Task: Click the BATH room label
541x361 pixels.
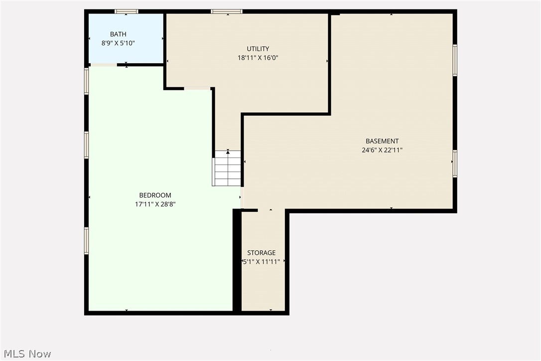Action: [x=118, y=34]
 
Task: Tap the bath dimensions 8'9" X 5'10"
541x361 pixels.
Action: [x=118, y=43]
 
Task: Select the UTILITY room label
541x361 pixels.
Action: [x=258, y=49]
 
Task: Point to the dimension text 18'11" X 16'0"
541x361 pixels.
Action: [x=258, y=58]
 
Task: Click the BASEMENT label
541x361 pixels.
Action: [x=382, y=141]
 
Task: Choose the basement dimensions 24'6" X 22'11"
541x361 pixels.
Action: [x=382, y=150]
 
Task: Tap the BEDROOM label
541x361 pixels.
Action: [x=155, y=195]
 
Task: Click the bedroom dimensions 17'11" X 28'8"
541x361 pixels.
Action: [x=155, y=204]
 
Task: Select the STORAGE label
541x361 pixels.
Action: [x=262, y=253]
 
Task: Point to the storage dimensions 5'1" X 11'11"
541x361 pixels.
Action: [x=262, y=262]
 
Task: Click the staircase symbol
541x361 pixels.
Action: [x=227, y=169]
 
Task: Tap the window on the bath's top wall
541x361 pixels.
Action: [x=127, y=11]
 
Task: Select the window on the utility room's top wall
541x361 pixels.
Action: [x=227, y=11]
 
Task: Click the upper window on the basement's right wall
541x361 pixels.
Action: [x=455, y=60]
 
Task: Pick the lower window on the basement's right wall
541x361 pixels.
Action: [x=455, y=164]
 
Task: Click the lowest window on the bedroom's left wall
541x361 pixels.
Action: [x=86, y=241]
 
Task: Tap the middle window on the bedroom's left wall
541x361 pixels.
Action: [x=86, y=145]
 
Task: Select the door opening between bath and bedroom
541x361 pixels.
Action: [x=104, y=65]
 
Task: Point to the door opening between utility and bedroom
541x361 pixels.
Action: [x=197, y=89]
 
